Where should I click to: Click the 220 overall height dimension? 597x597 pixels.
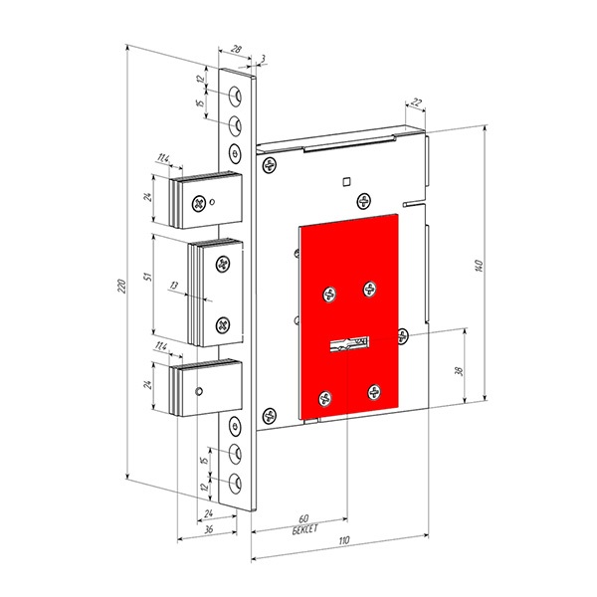click(x=121, y=287)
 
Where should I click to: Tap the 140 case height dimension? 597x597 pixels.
click(x=480, y=266)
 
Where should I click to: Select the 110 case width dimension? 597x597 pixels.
click(x=343, y=541)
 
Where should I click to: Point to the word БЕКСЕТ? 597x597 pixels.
click(x=304, y=529)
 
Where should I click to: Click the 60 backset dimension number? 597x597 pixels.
click(x=303, y=518)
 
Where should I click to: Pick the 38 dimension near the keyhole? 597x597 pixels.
click(x=459, y=371)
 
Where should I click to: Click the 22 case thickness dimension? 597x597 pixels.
click(x=417, y=102)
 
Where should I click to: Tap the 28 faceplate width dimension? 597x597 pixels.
click(x=237, y=49)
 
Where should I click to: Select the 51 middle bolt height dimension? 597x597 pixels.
click(x=148, y=276)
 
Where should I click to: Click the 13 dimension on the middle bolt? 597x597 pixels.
click(x=174, y=285)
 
